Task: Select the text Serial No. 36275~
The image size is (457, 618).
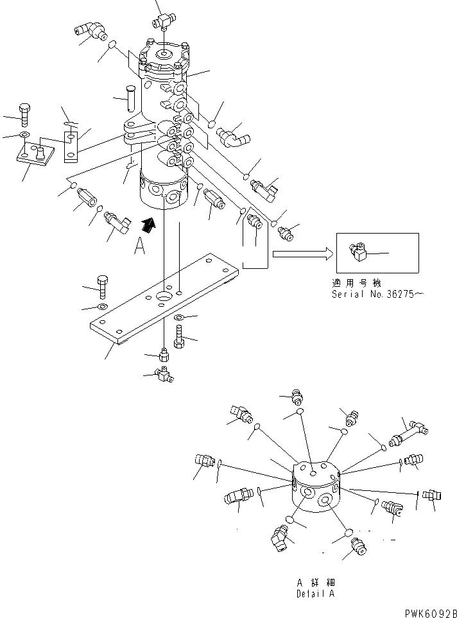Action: pos(377,294)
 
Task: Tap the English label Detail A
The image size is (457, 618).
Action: pos(315,594)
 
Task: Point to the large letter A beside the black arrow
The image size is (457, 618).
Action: pos(139,246)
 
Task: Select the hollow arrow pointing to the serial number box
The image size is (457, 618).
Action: pos(302,255)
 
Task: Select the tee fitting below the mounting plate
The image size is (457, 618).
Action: pos(164,374)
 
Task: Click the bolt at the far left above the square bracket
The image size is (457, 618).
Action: pos(24,114)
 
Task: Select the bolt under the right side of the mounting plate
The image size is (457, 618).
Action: pos(179,336)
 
